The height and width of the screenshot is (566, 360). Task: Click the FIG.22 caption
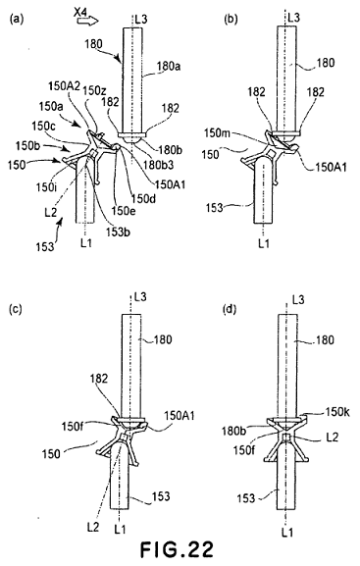click(x=177, y=549)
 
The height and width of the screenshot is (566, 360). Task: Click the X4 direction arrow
click(x=87, y=22)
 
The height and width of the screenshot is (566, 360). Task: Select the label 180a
click(x=169, y=66)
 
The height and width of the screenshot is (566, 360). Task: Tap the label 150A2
click(x=64, y=86)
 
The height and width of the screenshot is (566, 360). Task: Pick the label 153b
click(x=118, y=232)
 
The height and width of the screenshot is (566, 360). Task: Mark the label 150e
click(x=124, y=211)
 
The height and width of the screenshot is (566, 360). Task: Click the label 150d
click(x=143, y=198)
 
